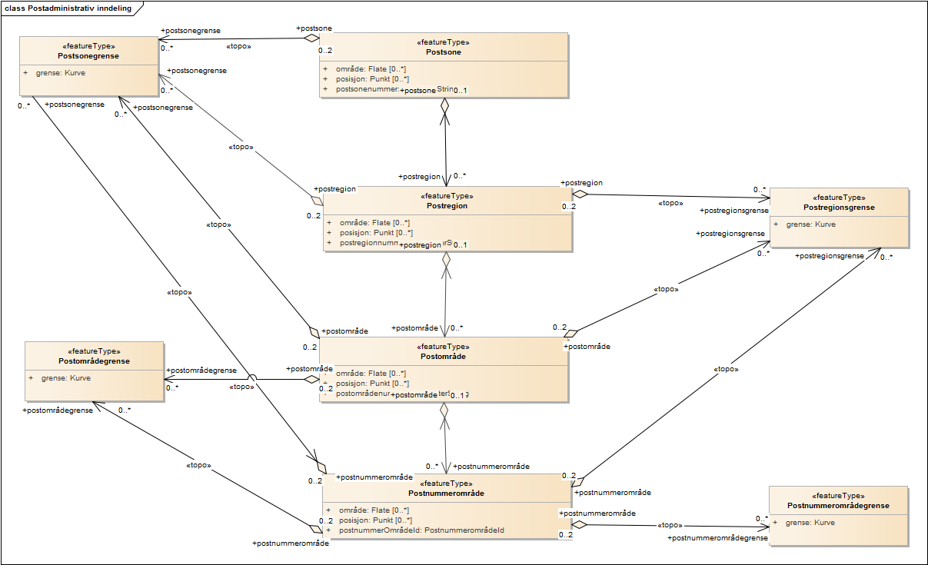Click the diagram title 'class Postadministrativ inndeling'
click(x=68, y=9)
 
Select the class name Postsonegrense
click(x=88, y=56)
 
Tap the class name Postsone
click(x=443, y=52)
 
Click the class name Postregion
click(x=447, y=206)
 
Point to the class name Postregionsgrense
click(x=839, y=208)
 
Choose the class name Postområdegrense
click(x=94, y=361)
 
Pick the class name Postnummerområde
click(x=446, y=493)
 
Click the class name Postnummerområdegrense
click(x=838, y=505)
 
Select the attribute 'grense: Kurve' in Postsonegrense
click(x=61, y=74)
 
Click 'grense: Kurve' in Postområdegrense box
click(x=66, y=378)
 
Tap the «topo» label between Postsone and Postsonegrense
click(x=238, y=46)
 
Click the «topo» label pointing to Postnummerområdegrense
click(x=667, y=525)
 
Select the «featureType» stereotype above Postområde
click(x=444, y=347)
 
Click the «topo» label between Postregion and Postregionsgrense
click(x=670, y=204)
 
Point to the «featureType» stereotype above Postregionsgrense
click(x=839, y=198)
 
